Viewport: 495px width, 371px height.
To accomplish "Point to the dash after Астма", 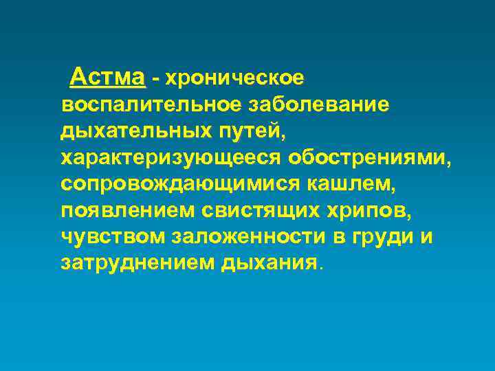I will [155, 79].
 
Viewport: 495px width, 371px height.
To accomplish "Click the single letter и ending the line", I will [426, 237].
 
